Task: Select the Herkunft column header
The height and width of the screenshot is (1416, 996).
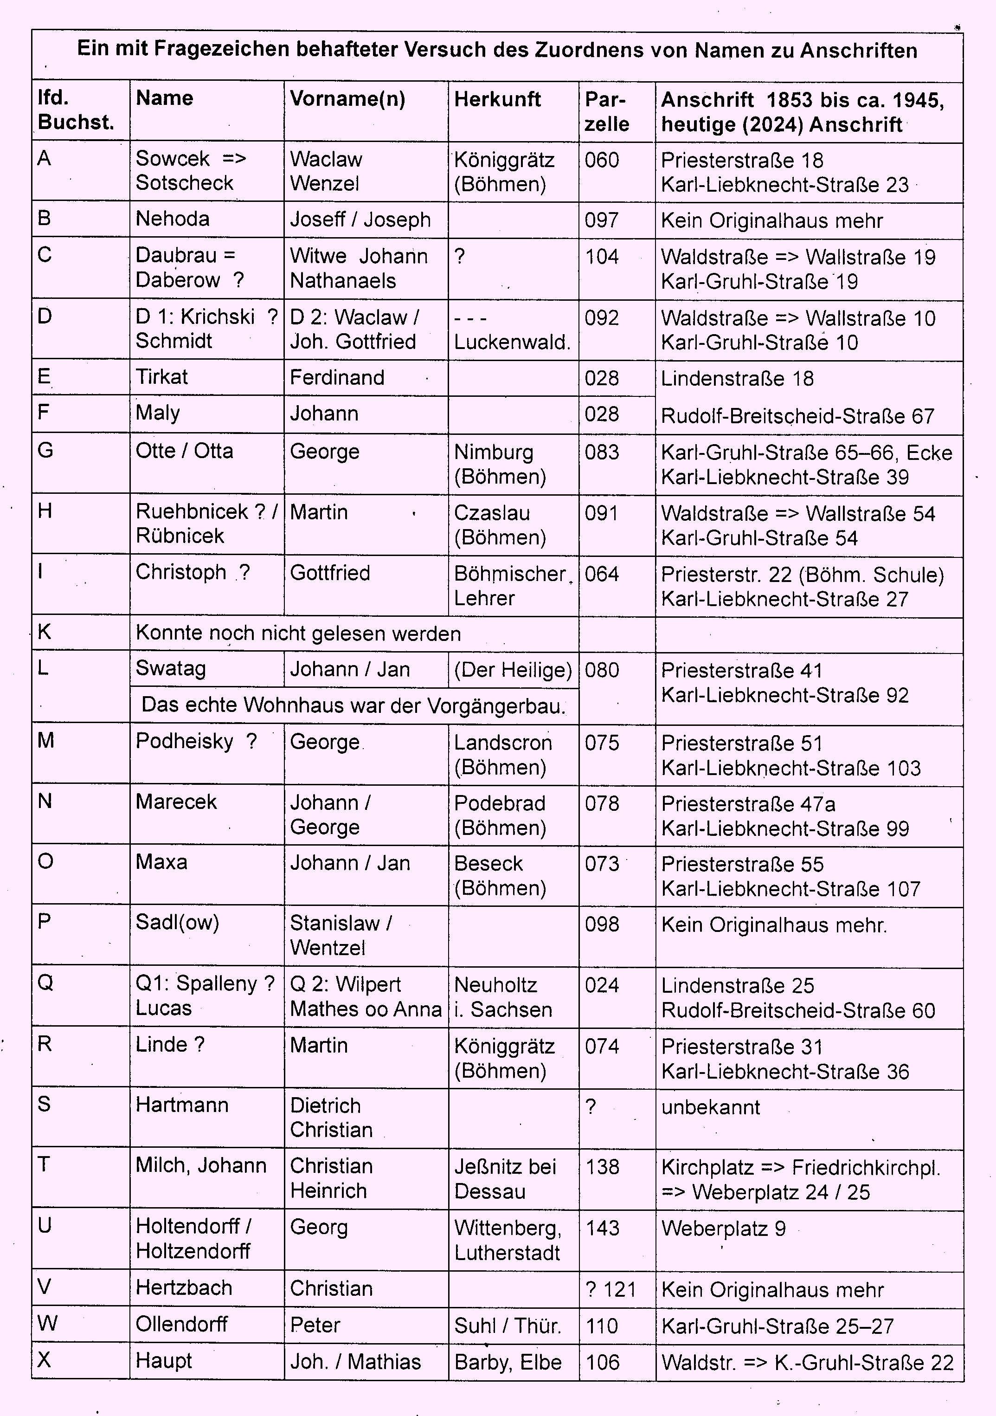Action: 497,99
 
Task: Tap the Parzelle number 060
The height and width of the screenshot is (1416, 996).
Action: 602,160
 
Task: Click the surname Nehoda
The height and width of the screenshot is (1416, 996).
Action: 173,219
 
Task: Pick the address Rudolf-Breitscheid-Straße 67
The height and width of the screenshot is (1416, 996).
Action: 797,416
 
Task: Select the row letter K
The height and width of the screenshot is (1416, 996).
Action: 45,632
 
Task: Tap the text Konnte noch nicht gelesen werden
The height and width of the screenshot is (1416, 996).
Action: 298,634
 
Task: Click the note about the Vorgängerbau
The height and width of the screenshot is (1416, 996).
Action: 353,705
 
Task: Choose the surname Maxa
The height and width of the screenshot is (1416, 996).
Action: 161,862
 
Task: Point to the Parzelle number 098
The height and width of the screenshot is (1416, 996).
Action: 602,925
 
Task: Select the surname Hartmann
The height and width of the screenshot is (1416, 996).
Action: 182,1105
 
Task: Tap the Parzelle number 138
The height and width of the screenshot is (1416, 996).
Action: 602,1167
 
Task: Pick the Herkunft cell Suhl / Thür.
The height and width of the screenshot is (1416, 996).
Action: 507,1326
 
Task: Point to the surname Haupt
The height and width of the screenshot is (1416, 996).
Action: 164,1361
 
